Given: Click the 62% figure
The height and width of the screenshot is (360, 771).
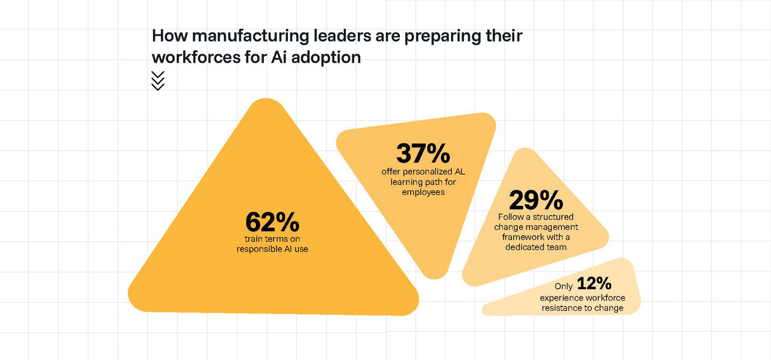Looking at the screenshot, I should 272,223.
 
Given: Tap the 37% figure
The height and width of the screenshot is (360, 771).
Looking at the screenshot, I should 423,154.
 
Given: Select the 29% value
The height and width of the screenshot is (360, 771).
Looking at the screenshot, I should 536,200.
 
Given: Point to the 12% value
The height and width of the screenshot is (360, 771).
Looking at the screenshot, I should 594,284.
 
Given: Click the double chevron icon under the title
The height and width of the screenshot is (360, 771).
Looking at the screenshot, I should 158,81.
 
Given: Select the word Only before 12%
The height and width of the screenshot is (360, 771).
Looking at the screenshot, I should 564,287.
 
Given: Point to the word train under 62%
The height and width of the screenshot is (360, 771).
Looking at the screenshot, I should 247,239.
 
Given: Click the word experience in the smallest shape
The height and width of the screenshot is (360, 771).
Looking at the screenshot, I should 561,298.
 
